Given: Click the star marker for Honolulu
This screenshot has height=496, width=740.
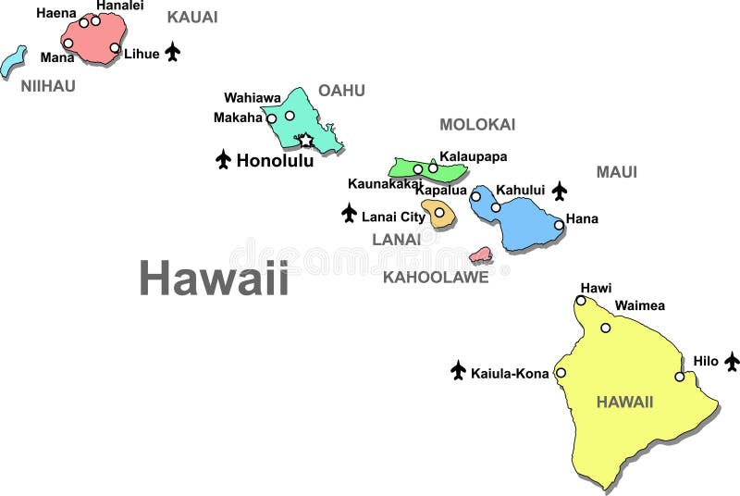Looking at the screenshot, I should pos(305,141).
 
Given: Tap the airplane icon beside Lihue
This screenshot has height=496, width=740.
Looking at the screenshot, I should pos(173,52).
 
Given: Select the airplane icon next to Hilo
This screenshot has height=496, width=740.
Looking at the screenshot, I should pos(732,361).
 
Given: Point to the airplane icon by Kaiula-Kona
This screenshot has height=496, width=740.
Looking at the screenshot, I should pos(458,371).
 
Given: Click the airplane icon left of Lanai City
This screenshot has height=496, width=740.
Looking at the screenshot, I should pos(349,214).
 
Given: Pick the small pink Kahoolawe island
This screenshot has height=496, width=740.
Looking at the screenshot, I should pos(480,254).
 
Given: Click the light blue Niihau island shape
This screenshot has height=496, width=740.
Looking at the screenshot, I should pos(13,62).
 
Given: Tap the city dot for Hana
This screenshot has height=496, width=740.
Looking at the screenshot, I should pos(559,224).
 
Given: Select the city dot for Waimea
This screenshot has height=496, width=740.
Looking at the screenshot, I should pos(606,328).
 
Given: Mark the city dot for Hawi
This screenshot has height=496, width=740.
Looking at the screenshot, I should pos(581,300).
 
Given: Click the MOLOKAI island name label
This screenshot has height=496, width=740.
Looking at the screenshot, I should pos(477,125).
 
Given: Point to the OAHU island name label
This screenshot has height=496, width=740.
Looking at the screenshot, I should pos(341,91).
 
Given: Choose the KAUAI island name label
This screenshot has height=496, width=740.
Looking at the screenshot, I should pos(192,18).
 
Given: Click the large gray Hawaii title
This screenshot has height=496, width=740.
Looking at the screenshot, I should pos(214,278).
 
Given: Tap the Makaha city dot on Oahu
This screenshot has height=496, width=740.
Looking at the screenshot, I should pos(271,118).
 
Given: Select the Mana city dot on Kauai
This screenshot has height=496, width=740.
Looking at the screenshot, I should pos(68,43).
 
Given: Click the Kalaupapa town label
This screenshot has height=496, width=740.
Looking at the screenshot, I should pos(473,156).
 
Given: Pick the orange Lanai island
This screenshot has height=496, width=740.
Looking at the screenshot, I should pos(438,214).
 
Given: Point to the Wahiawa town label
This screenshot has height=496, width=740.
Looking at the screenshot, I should pos(253,97).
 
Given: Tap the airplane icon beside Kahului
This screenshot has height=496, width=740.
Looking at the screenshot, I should pos(560,191).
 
